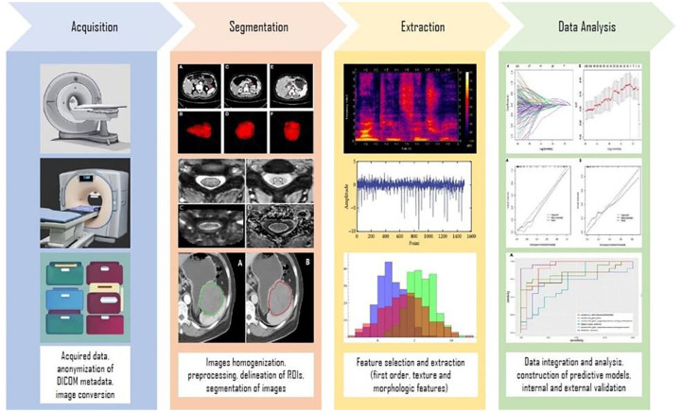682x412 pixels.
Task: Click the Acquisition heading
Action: [x=94, y=27]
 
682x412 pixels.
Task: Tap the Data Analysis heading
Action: [x=587, y=27]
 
